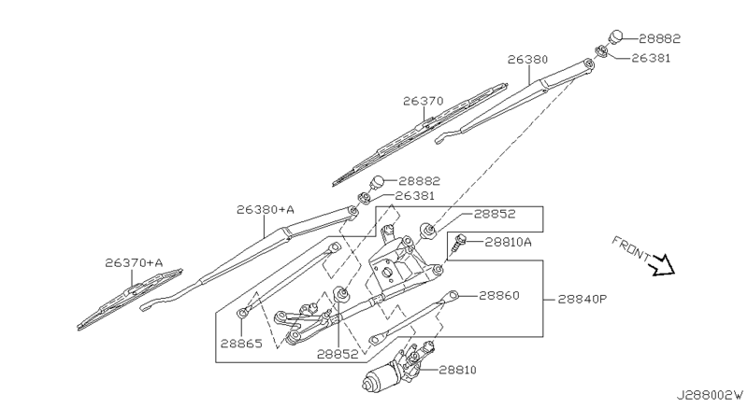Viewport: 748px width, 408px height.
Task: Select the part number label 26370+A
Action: [x=134, y=263]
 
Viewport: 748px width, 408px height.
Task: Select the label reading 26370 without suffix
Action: [x=424, y=101]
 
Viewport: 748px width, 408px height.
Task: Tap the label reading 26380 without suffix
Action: [x=527, y=58]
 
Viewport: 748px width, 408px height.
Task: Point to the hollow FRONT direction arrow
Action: [x=663, y=264]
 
